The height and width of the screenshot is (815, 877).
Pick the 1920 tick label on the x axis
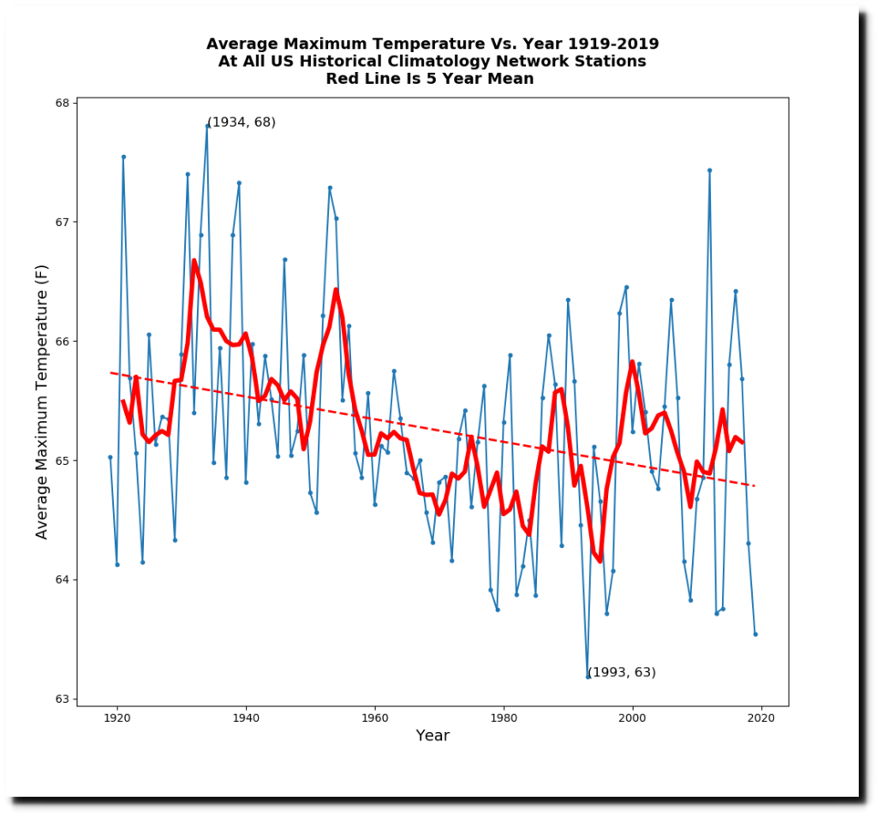pos(116,717)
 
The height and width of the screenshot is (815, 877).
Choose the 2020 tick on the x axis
pos(761,706)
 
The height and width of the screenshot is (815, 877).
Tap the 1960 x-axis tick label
pos(374,717)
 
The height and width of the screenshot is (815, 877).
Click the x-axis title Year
pos(433,735)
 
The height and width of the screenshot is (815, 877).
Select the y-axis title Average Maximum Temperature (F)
pos(41,402)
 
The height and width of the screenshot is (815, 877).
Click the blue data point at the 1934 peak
pos(207,125)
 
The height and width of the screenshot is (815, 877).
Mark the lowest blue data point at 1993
pos(588,676)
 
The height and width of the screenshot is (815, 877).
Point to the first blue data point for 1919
pos(110,457)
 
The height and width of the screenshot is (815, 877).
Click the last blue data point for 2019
pos(755,634)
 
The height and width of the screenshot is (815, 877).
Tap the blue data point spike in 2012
pos(710,170)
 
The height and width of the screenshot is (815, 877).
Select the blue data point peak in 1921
pos(123,157)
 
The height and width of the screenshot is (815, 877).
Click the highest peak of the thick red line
pos(194,261)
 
